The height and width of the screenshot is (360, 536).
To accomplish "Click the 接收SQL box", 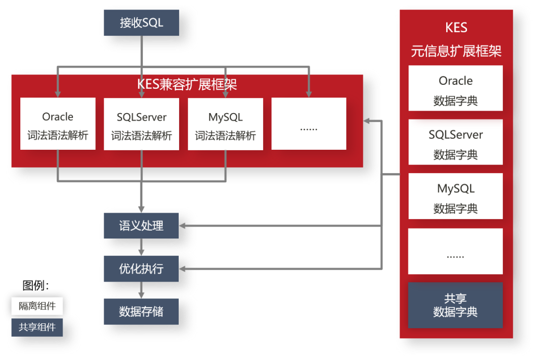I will tap(141, 23).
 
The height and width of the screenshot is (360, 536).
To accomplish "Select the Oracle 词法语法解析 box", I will tap(58, 124).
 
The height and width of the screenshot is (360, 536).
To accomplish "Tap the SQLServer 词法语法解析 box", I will tap(141, 124).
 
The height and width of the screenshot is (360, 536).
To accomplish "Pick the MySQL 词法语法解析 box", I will tap(225, 124).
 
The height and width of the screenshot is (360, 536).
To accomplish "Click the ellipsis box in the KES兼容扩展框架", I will tap(309, 124).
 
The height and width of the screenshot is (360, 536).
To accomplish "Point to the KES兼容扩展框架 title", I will tap(187, 85).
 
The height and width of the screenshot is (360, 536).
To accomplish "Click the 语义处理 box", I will tap(141, 226).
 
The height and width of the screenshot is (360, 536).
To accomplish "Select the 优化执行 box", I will tap(141, 269).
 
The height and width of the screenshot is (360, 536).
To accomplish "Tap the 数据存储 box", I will tap(141, 312).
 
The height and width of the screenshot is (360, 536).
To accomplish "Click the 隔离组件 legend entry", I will tap(37, 306).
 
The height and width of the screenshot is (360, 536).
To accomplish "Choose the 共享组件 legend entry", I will tap(37, 327).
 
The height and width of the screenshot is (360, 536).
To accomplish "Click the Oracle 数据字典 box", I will tap(456, 88).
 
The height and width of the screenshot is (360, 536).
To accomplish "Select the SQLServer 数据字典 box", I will tap(456, 142).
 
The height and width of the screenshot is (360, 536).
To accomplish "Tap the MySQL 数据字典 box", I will tap(456, 196).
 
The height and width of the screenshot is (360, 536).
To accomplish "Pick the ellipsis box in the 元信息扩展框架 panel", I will tap(456, 251).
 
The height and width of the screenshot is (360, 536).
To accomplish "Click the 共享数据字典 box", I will tap(456, 305).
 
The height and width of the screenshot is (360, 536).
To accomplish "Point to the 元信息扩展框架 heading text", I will tap(456, 51).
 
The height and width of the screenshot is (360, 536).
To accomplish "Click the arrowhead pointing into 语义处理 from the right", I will tap(182, 226).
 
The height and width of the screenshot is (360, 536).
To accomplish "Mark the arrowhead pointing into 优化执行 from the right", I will tap(182, 269).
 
